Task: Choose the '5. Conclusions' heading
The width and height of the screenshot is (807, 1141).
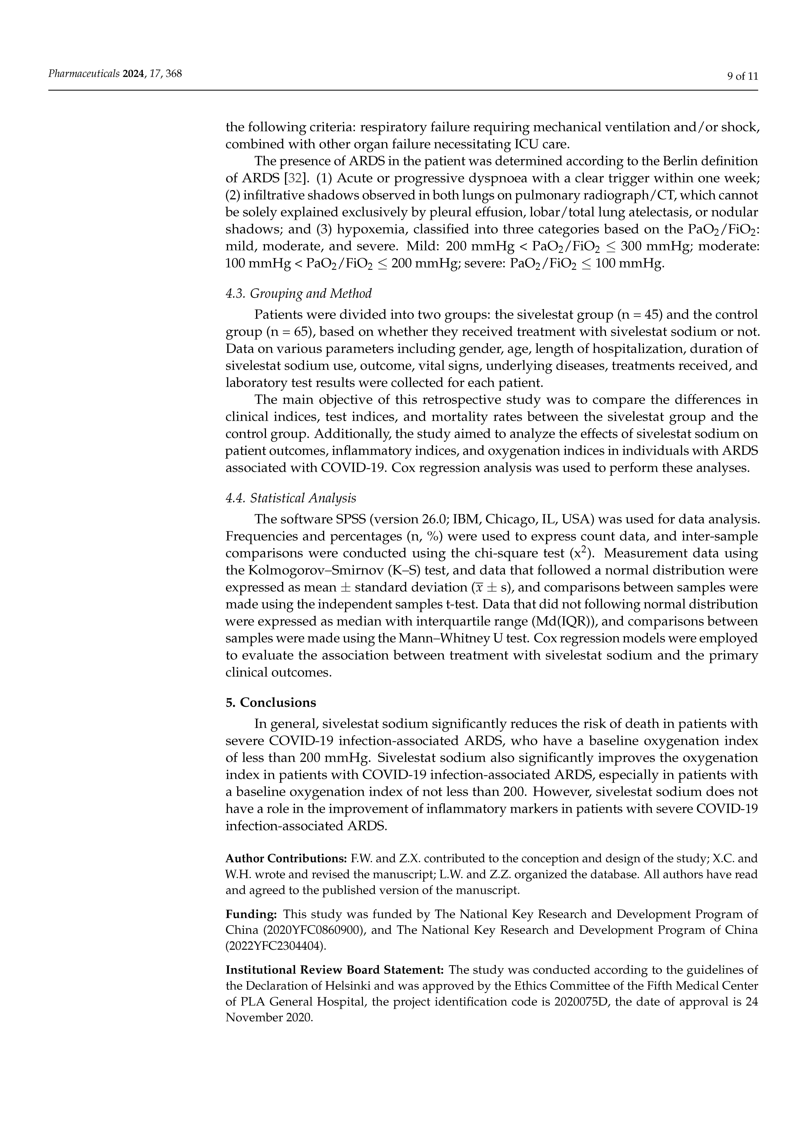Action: pos(271,702)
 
